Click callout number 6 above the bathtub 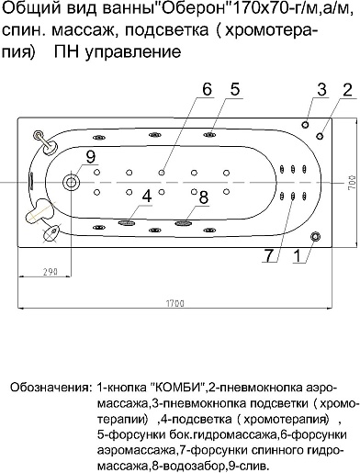pyautogui.click(x=207, y=89)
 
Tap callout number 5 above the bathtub pyautogui.click(x=235, y=89)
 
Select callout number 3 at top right pyautogui.click(x=321, y=89)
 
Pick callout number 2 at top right pyautogui.click(x=346, y=89)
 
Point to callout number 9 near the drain pyautogui.click(x=89, y=157)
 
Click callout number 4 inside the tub pyautogui.click(x=147, y=196)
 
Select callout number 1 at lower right pyautogui.click(x=296, y=257)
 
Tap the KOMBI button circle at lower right pyautogui.click(x=317, y=237)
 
